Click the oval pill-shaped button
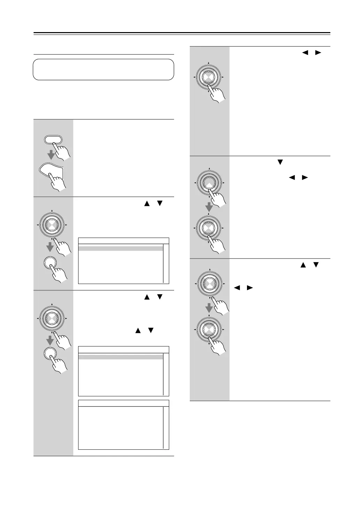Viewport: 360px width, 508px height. tap(53, 140)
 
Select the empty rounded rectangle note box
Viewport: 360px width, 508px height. tap(103, 69)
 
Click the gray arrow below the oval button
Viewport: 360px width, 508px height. tap(52, 154)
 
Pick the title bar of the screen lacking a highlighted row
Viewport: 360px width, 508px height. tap(123, 403)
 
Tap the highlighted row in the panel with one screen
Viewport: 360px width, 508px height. tap(121, 248)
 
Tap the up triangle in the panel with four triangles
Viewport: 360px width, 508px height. tap(303, 266)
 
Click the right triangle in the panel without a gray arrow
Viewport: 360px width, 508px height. tap(318, 53)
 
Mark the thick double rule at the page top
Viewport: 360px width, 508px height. tap(182, 33)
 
